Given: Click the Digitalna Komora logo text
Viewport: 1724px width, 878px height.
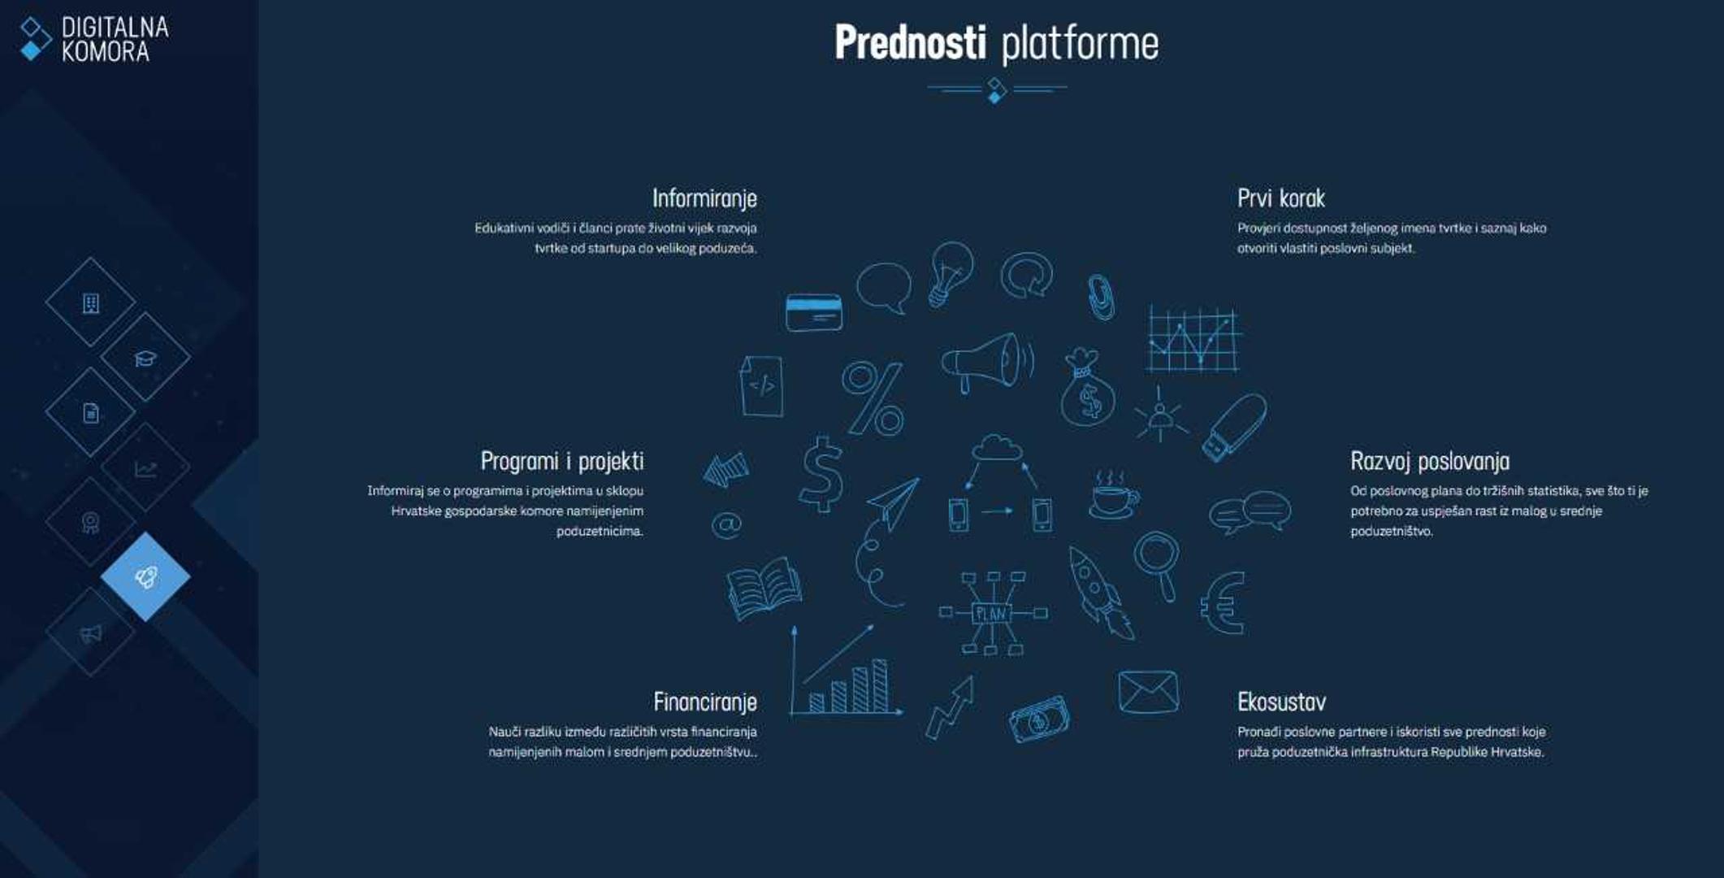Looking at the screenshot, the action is pyautogui.click(x=115, y=39).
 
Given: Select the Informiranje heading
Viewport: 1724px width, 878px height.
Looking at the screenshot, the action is pyautogui.click(x=704, y=198).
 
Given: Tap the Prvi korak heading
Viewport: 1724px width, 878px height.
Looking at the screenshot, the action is pyautogui.click(x=1280, y=198).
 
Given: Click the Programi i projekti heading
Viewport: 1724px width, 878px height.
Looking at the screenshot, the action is pyautogui.click(x=562, y=461).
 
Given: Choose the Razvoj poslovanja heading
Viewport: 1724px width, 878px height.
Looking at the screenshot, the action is pyautogui.click(x=1430, y=461).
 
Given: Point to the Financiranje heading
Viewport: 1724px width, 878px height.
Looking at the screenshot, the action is pyautogui.click(x=705, y=702).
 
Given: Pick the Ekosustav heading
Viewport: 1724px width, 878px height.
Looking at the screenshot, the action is pyautogui.click(x=1281, y=702).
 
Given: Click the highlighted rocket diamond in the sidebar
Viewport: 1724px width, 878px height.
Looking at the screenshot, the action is pyautogui.click(x=145, y=576).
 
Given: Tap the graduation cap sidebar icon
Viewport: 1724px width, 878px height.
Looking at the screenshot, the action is pyautogui.click(x=145, y=358).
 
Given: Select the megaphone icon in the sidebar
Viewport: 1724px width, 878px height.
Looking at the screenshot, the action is pyautogui.click(x=90, y=633).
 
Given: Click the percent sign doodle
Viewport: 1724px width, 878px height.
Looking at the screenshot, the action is pyautogui.click(x=873, y=398).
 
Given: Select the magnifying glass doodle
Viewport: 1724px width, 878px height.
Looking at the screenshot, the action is pyautogui.click(x=1158, y=563).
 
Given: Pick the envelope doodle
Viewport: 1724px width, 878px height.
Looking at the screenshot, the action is pyautogui.click(x=1147, y=692).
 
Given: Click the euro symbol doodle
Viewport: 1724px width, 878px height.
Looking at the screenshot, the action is pyautogui.click(x=1223, y=602).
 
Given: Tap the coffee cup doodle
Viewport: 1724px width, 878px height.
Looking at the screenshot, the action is pyautogui.click(x=1112, y=496).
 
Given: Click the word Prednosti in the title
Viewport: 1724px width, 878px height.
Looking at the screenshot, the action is pyautogui.click(x=910, y=43).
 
